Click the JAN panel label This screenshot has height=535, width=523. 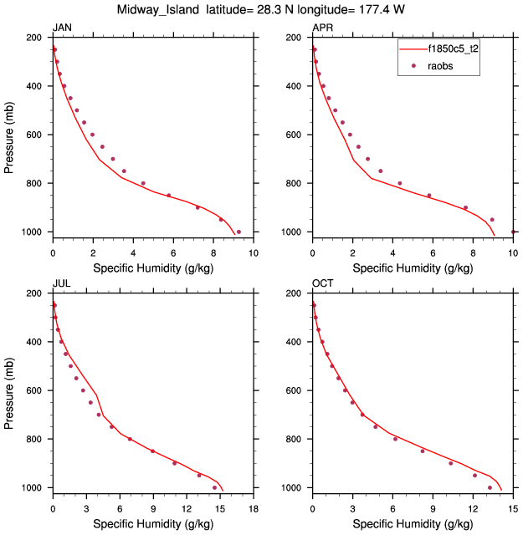coord(62,28)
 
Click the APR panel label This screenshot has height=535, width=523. coord(322,28)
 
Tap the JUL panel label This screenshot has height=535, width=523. coord(61,284)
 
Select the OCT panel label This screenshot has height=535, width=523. coord(323,284)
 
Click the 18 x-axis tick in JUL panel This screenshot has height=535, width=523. coord(254,507)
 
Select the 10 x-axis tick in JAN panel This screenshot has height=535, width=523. coord(254,252)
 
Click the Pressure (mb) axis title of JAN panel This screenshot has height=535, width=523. coord(9,135)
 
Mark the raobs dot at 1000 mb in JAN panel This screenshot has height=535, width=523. coord(238,232)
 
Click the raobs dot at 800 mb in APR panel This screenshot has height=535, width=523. coord(399,183)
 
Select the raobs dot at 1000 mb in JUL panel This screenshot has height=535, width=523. coord(215,487)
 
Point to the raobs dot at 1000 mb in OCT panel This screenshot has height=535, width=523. coord(490,487)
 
